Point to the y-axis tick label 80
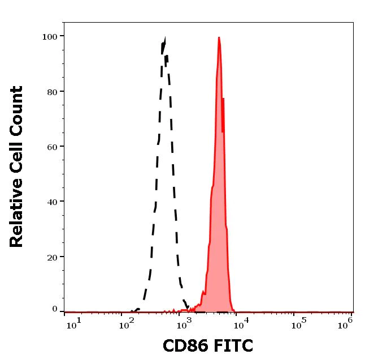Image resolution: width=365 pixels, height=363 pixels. (x=51, y=92)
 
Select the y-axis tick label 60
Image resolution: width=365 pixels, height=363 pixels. (x=51, y=147)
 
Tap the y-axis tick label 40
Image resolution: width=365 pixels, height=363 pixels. (x=51, y=202)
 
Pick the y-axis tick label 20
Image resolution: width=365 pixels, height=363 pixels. (x=51, y=257)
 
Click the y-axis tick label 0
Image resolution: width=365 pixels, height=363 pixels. (x=55, y=309)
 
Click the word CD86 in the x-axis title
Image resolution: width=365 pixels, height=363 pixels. (x=184, y=345)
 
